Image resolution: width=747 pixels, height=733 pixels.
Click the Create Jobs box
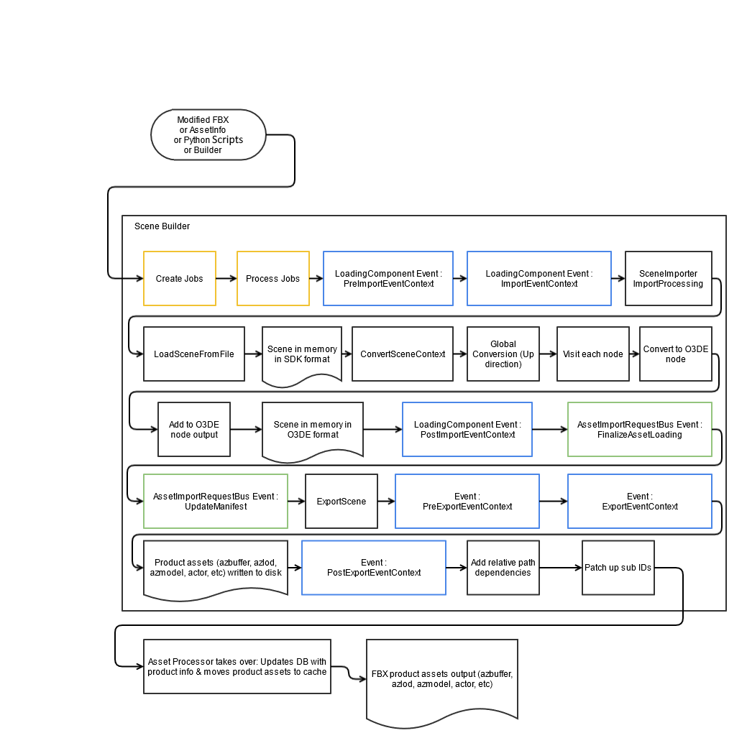pyautogui.click(x=179, y=278)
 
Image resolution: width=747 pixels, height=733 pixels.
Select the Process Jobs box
pyautogui.click(x=272, y=278)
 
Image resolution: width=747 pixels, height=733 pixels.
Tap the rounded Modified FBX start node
pyautogui.click(x=208, y=135)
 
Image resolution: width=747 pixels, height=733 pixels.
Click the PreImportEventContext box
pyautogui.click(x=388, y=278)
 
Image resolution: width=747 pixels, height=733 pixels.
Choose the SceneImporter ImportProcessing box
pyautogui.click(x=668, y=278)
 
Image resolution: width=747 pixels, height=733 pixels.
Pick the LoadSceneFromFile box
pyautogui.click(x=193, y=354)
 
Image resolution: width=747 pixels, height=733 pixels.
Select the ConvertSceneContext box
pyautogui.click(x=402, y=354)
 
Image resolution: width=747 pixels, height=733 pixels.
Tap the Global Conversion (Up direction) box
pyautogui.click(x=503, y=354)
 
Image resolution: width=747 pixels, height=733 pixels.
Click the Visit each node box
pyautogui.click(x=592, y=354)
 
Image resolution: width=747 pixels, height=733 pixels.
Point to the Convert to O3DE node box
pyautogui.click(x=675, y=354)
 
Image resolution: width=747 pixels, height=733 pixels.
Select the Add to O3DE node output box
pyautogui.click(x=193, y=429)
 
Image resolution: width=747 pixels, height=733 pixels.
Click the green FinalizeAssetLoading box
pyautogui.click(x=639, y=429)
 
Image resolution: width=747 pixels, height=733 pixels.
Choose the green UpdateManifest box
pyautogui.click(x=215, y=501)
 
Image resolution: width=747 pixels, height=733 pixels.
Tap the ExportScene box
pyautogui.click(x=341, y=501)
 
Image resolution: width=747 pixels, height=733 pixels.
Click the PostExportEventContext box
pyautogui.click(x=373, y=568)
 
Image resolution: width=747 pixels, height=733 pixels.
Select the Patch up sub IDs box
pyautogui.click(x=618, y=568)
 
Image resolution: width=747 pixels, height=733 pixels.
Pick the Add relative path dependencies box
pyautogui.click(x=503, y=568)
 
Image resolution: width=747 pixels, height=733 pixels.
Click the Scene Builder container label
pyautogui.click(x=162, y=226)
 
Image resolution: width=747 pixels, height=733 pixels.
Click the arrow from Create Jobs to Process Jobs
pyautogui.click(x=226, y=278)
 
